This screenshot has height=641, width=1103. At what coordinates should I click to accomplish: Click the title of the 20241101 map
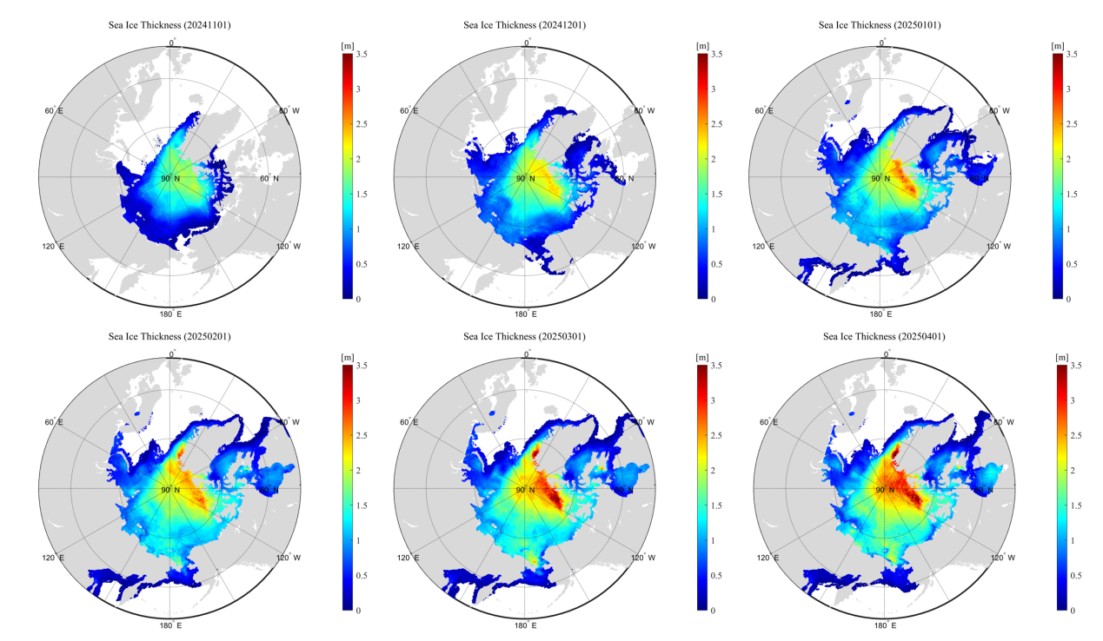(169, 25)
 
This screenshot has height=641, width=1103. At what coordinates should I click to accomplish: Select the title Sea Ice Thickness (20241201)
(524, 25)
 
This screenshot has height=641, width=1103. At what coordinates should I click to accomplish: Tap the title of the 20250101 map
(880, 25)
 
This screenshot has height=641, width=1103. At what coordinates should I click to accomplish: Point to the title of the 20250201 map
(169, 336)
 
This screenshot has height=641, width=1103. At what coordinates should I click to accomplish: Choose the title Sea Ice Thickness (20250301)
(524, 336)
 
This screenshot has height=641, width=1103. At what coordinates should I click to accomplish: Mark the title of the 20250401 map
(880, 336)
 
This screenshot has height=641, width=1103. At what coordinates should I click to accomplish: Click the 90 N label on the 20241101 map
(170, 179)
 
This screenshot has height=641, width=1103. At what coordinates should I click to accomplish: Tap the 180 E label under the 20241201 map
(526, 314)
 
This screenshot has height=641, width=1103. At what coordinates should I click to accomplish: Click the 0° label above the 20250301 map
(527, 354)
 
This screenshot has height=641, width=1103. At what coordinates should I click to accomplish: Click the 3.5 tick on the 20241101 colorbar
(360, 54)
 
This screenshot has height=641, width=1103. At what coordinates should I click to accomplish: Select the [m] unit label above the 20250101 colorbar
(1058, 45)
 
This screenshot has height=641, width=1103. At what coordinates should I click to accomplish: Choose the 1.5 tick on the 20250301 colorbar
(716, 506)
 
